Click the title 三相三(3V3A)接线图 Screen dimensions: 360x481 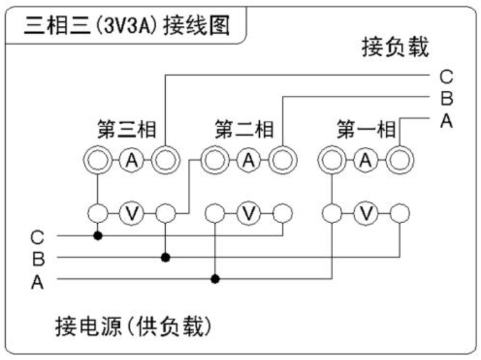pos(127,25)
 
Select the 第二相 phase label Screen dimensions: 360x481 pos(245,131)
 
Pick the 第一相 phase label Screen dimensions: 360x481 pos(366,131)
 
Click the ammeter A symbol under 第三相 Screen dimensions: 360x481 pos(131,161)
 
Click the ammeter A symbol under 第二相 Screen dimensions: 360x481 pos(248,161)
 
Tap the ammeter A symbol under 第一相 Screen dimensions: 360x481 pos(365,161)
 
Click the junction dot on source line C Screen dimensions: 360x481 pos(97,236)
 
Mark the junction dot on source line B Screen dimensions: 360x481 pos(165,257)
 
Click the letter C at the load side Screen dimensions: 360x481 pos(446,78)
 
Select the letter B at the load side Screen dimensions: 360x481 pos(446,99)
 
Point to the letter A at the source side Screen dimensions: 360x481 pos(38,283)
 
